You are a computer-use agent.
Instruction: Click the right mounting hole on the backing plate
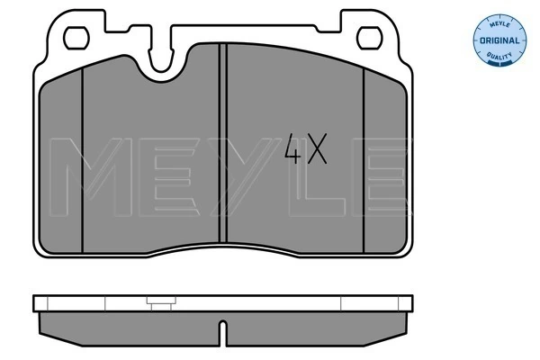tap(369, 39)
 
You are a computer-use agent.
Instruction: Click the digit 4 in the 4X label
tap(293, 149)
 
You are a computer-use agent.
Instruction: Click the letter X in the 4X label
tap(317, 149)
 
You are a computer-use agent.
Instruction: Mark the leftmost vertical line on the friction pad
tap(82, 162)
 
